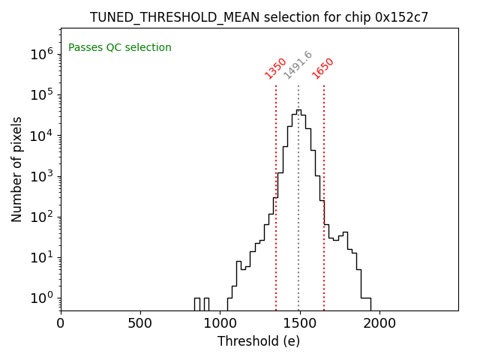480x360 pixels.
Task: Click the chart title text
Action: (259, 17)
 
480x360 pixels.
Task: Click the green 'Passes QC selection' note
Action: (120, 47)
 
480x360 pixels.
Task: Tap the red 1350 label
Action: (276, 67)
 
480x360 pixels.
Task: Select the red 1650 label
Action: (323, 67)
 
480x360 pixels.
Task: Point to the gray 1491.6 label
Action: (298, 65)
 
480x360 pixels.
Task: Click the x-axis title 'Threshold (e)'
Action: (259, 341)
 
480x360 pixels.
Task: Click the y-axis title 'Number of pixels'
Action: (17, 169)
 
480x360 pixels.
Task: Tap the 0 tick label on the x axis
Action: (61, 323)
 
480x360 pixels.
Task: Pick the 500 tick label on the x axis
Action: (140, 323)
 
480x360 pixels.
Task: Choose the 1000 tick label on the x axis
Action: (220, 323)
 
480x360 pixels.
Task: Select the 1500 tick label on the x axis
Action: (299, 323)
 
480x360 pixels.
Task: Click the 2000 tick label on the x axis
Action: (379, 323)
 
